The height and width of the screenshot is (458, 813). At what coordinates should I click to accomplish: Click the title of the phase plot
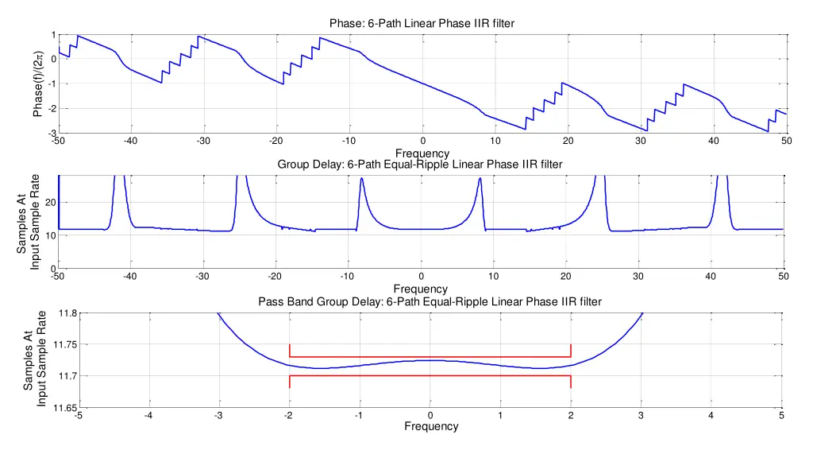(x=422, y=23)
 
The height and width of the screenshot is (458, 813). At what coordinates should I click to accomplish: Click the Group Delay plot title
(x=420, y=165)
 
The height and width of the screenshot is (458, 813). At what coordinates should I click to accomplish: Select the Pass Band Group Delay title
(x=430, y=301)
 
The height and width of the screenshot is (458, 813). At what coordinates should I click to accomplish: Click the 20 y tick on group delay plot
(x=49, y=203)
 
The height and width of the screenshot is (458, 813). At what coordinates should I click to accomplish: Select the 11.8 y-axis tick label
(x=66, y=313)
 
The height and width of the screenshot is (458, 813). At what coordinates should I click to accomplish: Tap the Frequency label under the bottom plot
(x=430, y=426)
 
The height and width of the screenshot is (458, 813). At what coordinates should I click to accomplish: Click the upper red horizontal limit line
(x=430, y=357)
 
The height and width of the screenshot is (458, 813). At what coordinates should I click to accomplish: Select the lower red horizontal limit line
(x=430, y=376)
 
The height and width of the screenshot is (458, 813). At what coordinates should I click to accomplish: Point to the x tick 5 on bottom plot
(x=781, y=415)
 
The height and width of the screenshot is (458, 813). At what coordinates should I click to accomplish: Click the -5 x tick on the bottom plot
(x=77, y=415)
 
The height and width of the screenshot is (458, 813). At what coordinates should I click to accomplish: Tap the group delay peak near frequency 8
(x=480, y=180)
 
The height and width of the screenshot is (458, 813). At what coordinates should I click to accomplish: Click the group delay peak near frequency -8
(x=362, y=180)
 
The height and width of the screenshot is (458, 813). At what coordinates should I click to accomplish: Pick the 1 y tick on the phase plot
(x=52, y=34)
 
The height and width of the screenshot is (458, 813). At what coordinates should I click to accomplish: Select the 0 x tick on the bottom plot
(x=430, y=415)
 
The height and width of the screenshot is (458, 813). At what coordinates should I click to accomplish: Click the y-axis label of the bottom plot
(x=35, y=359)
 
